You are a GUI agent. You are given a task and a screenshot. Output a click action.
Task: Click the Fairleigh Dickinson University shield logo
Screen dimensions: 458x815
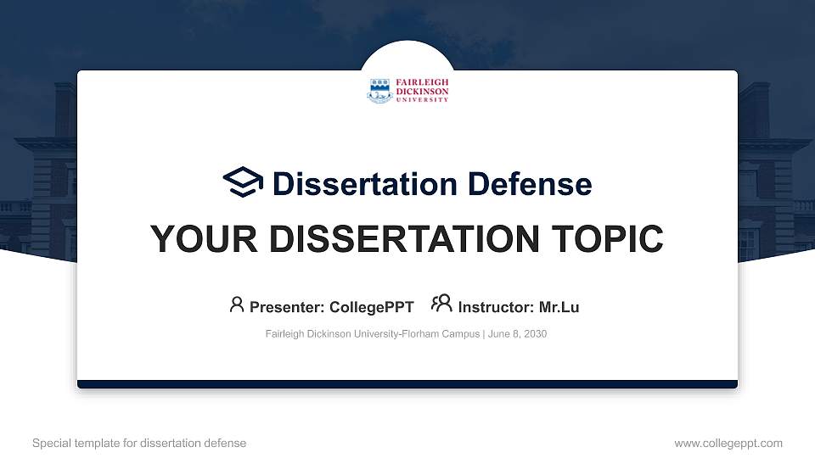click(379, 90)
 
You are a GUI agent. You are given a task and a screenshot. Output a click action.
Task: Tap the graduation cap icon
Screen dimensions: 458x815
click(243, 182)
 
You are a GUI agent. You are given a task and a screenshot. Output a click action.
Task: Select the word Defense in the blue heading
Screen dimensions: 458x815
click(518, 183)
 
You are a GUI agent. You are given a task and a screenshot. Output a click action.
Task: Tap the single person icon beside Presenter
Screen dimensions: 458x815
click(237, 304)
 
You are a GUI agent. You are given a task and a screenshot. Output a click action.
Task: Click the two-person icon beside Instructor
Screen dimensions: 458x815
click(441, 304)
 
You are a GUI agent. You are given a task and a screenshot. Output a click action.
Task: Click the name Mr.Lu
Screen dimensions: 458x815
click(559, 307)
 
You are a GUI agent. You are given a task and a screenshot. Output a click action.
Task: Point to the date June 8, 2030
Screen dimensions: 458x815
click(517, 334)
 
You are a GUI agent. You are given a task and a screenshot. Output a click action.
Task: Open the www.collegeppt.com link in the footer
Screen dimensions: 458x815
click(728, 443)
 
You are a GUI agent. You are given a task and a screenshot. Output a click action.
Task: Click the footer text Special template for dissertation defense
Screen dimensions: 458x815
click(139, 443)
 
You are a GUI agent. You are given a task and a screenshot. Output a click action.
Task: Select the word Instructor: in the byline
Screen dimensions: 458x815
click(496, 307)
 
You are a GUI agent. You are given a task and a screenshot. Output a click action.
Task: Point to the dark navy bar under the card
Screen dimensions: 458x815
click(407, 384)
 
